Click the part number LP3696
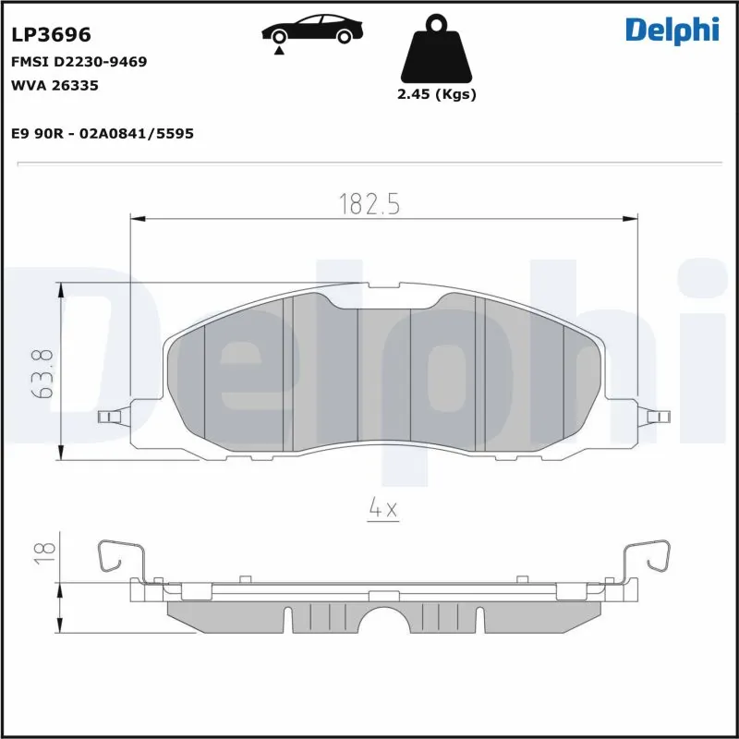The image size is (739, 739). click(51, 35)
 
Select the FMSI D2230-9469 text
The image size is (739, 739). click(79, 62)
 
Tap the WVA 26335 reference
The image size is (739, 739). click(55, 86)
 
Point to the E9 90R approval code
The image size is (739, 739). click(102, 134)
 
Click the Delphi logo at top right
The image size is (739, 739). click(672, 30)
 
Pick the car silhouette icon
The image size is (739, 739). click(310, 30)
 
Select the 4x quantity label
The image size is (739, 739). click(382, 508)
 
